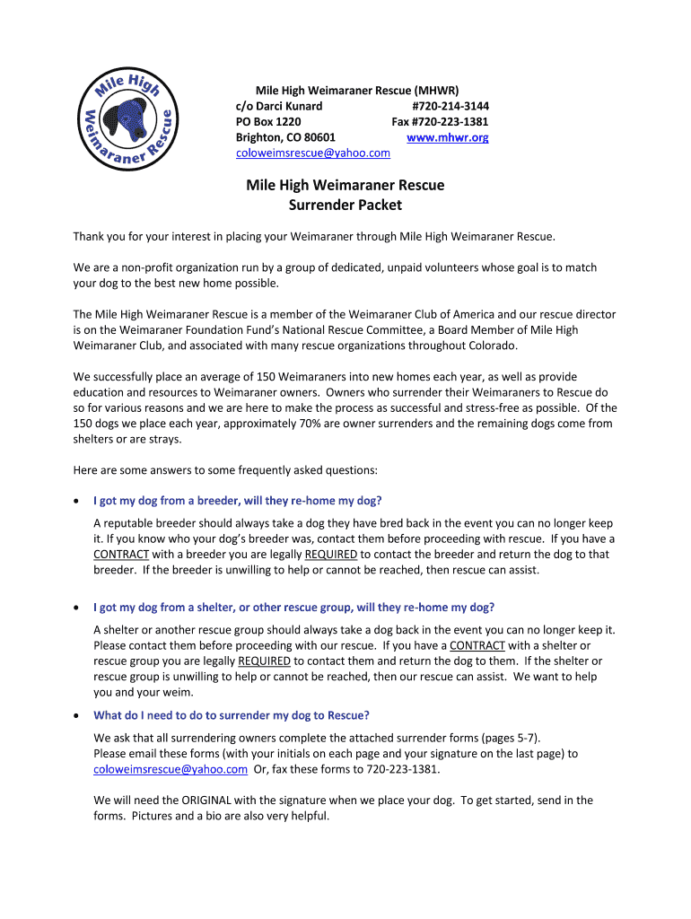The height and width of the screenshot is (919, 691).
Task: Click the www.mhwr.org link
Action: (447, 137)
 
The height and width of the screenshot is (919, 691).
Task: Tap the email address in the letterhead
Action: (312, 153)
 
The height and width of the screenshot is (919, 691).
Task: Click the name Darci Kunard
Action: (292, 106)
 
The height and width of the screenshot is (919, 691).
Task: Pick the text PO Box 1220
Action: (268, 122)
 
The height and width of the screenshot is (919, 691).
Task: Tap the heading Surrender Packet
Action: (345, 205)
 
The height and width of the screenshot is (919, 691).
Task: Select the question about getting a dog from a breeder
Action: (243, 500)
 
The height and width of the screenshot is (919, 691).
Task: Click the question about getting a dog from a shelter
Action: (293, 607)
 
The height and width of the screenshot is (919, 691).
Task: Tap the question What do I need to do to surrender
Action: (232, 715)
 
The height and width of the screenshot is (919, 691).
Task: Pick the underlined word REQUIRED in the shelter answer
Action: (264, 661)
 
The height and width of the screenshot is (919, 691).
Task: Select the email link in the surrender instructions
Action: (171, 769)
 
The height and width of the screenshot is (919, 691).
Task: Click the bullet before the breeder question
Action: (77, 501)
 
